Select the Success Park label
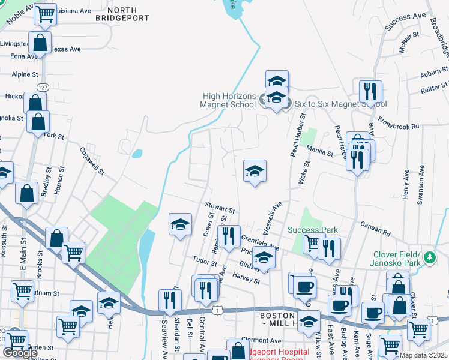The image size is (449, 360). coord(313,230)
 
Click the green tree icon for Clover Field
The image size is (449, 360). coord(429,257)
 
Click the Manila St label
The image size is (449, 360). coord(320,150)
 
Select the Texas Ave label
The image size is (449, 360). coord(65,50)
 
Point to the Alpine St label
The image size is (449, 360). coord(25,74)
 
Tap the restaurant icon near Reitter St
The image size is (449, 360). coord(370,92)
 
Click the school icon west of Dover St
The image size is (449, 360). coord(180,226)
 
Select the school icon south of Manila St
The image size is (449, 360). coord(255,172)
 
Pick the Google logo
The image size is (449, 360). coord(20,352)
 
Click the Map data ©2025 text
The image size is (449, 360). coord(424,355)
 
